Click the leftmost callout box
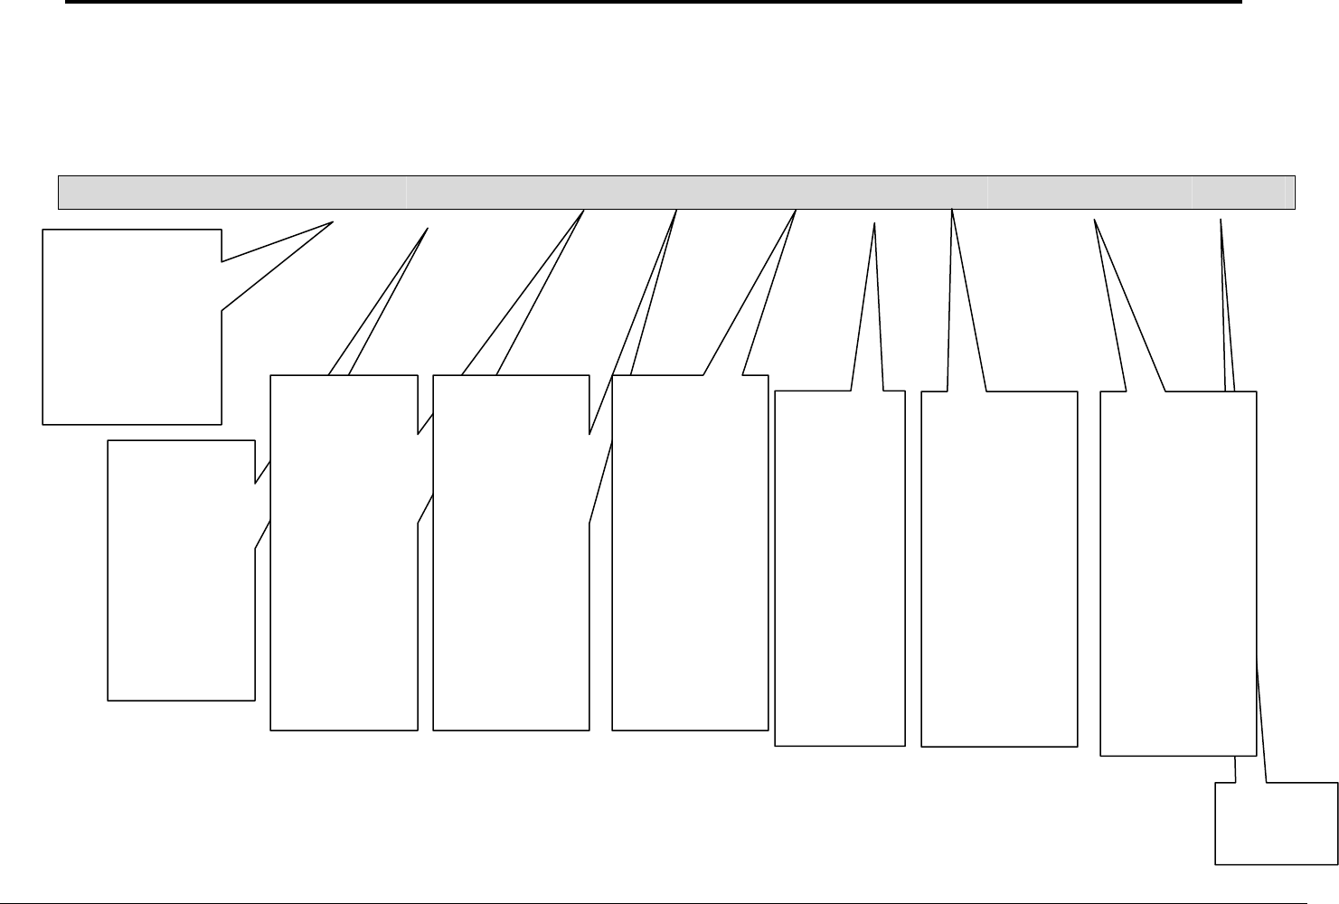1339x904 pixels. [x=132, y=325]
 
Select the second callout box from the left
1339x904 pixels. [x=181, y=570]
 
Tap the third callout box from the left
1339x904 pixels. [x=344, y=551]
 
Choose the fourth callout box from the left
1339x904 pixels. [x=511, y=551]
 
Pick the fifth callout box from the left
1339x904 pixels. [x=690, y=551]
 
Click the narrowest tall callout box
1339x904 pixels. [x=840, y=568]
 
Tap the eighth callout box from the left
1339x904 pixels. [x=1177, y=573]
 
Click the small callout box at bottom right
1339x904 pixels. [x=1276, y=824]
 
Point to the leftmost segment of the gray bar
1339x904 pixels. [x=231, y=193]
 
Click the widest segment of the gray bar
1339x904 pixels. [x=696, y=193]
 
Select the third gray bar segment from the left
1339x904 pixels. [x=1089, y=193]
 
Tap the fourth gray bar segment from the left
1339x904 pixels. [x=1238, y=193]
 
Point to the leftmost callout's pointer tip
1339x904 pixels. [x=335, y=221]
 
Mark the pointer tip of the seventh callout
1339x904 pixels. [x=952, y=210]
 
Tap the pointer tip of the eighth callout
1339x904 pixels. [x=1095, y=220]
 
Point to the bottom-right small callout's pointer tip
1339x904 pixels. [x=1221, y=219]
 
